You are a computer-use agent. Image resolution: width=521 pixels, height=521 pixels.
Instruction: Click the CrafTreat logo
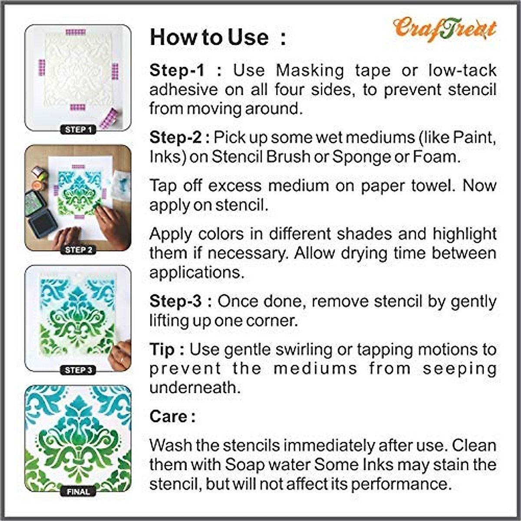pyautogui.click(x=445, y=30)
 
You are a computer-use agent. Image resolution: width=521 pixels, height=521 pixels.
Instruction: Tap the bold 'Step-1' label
pyautogui.click(x=177, y=70)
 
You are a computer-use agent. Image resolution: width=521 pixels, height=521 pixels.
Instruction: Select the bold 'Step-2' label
pyautogui.click(x=176, y=138)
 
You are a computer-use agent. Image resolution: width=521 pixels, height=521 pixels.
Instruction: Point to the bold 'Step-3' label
pyautogui.click(x=176, y=301)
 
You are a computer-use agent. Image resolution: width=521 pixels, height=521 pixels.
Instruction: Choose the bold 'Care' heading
pyautogui.click(x=169, y=416)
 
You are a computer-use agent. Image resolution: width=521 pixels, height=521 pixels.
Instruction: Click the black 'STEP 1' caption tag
pyautogui.click(x=78, y=129)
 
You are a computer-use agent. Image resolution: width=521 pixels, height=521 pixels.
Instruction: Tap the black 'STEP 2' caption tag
pyautogui.click(x=78, y=250)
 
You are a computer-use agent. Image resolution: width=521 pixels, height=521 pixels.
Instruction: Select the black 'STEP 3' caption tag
pyautogui.click(x=78, y=370)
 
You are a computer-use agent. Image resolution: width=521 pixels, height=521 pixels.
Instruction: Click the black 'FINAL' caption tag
pyautogui.click(x=78, y=491)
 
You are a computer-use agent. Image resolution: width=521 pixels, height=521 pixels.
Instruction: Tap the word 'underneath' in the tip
pyautogui.click(x=194, y=388)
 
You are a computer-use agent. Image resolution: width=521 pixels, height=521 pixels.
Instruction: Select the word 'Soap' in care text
pyautogui.click(x=244, y=465)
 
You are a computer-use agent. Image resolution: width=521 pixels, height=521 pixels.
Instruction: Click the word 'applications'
pyautogui.click(x=196, y=273)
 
